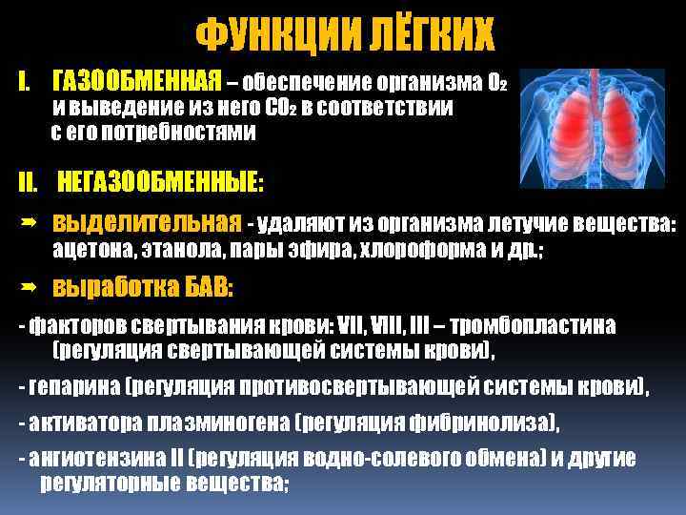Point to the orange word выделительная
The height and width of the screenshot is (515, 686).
pos(147,223)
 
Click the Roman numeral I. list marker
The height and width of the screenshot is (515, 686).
pos(26,77)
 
